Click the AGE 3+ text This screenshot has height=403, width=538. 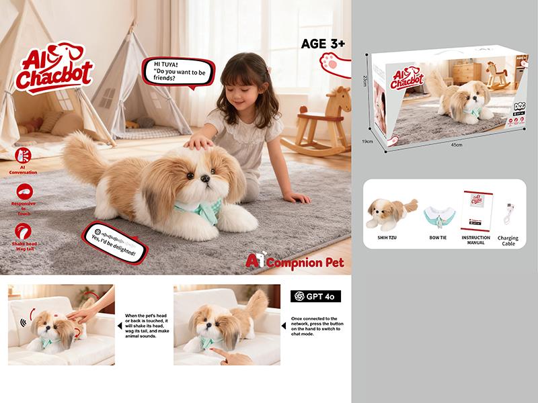tap(323, 44)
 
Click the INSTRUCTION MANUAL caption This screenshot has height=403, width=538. tap(476, 240)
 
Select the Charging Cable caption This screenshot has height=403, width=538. tap(508, 240)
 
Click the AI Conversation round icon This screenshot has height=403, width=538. tap(22, 155)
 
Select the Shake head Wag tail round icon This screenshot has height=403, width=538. tap(22, 231)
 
